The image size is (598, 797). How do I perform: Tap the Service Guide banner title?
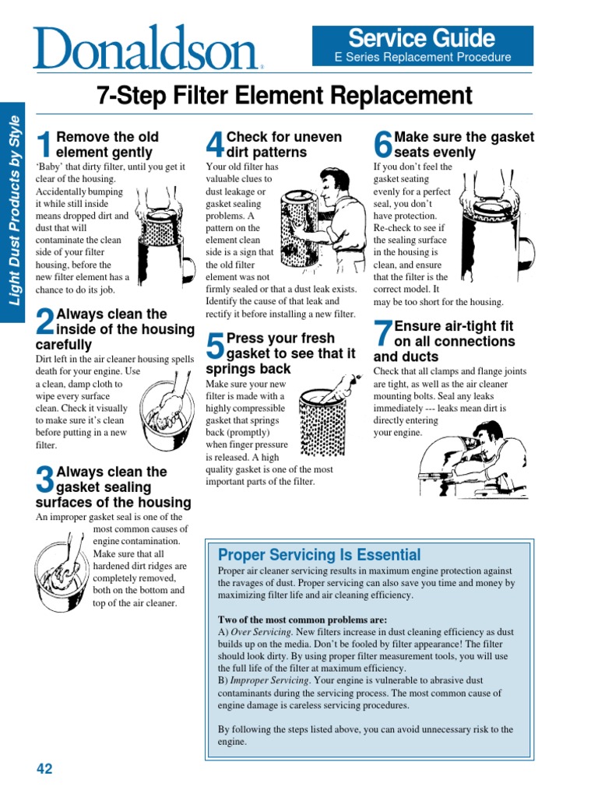[x=421, y=37]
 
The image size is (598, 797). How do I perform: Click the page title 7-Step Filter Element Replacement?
[x=284, y=96]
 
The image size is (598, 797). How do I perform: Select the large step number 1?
[x=45, y=145]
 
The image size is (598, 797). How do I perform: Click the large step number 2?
[x=45, y=322]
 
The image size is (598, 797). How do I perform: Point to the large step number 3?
[x=45, y=479]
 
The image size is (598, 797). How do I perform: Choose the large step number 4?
[x=215, y=145]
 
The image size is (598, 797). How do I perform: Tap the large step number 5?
[x=215, y=346]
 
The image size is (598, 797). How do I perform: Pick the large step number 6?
[x=383, y=145]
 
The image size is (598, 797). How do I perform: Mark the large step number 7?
[x=383, y=334]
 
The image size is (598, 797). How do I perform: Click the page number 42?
[x=44, y=769]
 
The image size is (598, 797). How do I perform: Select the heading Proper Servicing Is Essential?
[x=319, y=555]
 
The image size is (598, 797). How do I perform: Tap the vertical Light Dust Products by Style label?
[x=12, y=219]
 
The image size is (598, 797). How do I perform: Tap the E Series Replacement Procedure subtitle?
[x=423, y=57]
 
